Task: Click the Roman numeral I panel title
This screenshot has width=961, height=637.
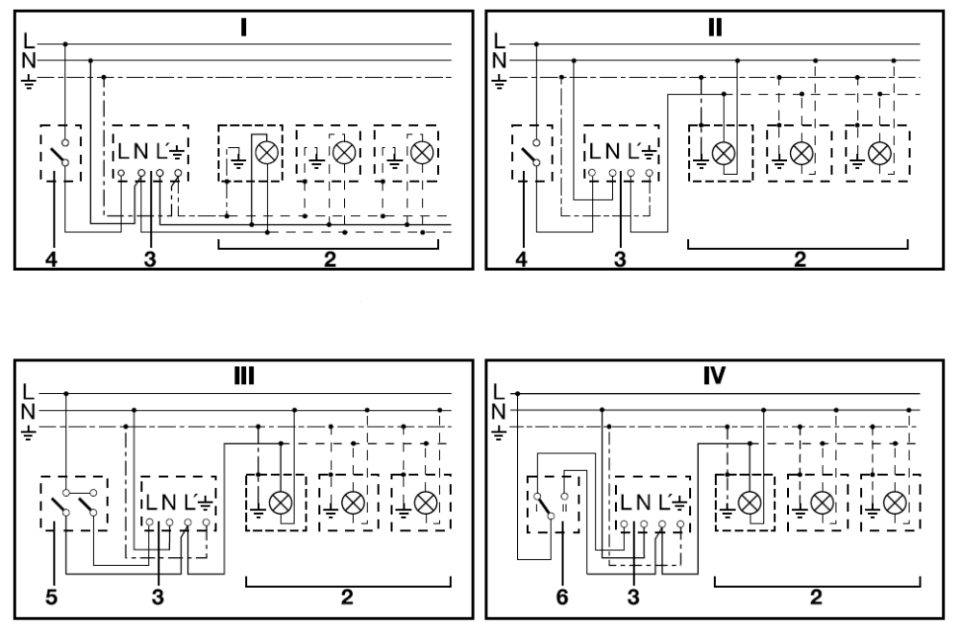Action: point(245,25)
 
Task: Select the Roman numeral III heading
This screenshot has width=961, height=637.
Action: point(245,374)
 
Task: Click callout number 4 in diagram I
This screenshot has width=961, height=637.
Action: point(51,257)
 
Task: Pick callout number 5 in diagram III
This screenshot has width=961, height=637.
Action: point(51,598)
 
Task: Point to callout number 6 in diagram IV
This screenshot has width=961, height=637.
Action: point(562,598)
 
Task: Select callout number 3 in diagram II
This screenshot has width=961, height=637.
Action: point(620,257)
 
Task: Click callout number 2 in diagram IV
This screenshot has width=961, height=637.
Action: point(815,598)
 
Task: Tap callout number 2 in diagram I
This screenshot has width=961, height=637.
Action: point(329,257)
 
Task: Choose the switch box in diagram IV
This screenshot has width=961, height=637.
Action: point(552,502)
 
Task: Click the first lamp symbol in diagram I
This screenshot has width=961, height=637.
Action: point(264,153)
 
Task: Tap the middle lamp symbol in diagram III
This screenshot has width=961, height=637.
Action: point(354,502)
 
